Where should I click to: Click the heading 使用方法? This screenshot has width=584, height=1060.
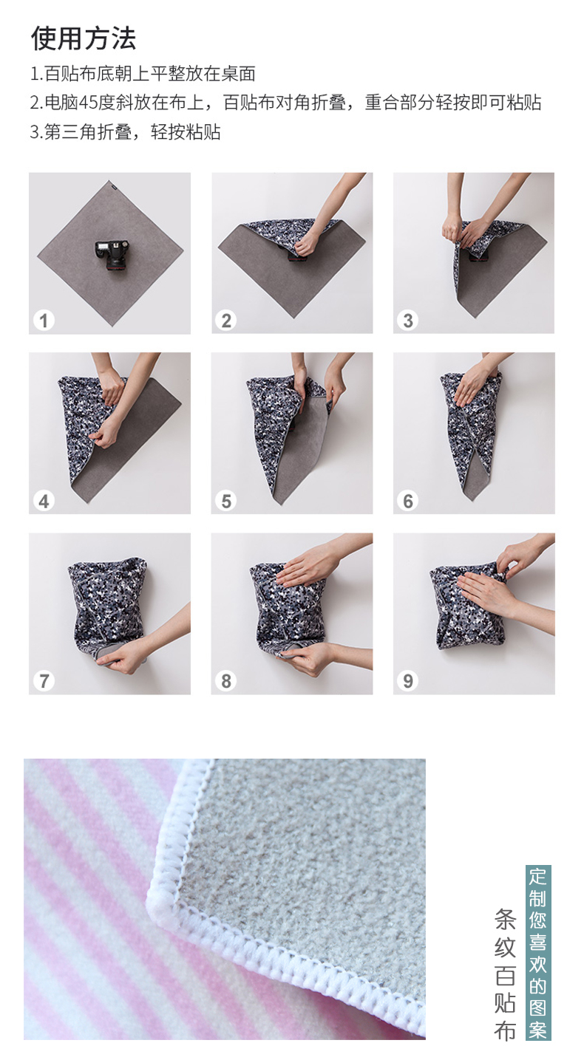coord(84,38)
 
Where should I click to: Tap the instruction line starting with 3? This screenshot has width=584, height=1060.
coord(125,132)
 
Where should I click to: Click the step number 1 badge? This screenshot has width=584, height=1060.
coord(44,321)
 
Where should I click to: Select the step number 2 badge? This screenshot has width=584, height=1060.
coord(226,321)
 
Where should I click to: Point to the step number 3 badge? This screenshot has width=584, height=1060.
coord(408,321)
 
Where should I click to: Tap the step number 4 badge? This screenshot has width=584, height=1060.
coord(44,501)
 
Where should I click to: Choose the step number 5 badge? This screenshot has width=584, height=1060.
coord(226,501)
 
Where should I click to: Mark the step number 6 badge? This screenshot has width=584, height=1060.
coord(408,501)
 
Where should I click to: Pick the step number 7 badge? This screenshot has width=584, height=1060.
coord(44,681)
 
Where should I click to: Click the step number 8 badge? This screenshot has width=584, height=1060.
coord(226,681)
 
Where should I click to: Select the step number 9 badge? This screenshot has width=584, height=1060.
coord(408,681)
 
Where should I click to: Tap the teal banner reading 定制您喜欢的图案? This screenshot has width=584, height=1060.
coord(538,953)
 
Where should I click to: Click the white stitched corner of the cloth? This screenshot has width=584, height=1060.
coord(159,905)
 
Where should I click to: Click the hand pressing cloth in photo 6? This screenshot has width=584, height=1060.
coord(473,384)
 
